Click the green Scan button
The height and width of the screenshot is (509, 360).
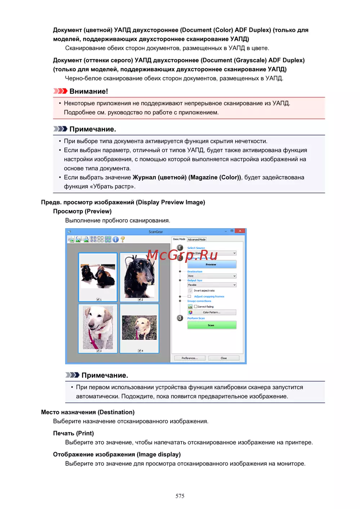211,325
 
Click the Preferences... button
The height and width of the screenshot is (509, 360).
189,358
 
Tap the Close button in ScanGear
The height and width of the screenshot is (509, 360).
224,358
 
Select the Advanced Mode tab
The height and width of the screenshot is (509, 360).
197,239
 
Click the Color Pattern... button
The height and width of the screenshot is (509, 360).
211,312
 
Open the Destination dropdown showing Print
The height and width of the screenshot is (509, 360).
211,276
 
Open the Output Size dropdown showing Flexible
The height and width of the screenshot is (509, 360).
211,285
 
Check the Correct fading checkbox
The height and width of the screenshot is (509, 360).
195,307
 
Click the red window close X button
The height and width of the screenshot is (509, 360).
240,231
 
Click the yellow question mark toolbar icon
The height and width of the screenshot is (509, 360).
123,239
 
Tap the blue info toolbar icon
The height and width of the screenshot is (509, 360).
116,239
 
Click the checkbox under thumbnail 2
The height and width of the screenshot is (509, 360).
139,299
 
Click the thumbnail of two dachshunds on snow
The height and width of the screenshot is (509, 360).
98,276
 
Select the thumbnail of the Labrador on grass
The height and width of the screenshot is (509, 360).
139,328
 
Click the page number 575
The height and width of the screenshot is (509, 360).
180,496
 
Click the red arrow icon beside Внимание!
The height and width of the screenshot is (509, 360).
60,91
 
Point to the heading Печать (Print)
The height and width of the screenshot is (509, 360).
73,433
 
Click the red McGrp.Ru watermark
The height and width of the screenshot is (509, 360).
182,255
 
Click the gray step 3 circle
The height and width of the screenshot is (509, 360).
180,318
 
